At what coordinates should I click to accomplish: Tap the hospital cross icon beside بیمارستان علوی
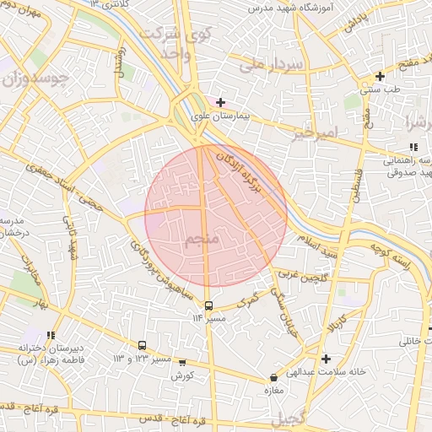[220, 102]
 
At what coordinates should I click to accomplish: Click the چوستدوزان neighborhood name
[35, 81]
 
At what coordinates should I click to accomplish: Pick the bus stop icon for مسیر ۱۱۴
[208, 305]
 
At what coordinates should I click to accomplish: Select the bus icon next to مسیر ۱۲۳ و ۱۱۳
[142, 345]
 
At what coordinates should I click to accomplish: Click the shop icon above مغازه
[273, 378]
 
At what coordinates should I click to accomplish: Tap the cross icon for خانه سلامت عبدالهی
[326, 359]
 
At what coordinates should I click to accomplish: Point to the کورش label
[183, 375]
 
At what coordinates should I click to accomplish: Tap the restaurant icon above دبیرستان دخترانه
[51, 335]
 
